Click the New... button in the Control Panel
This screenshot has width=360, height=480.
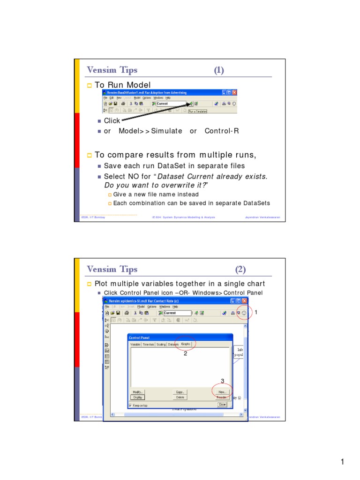tap(222, 391)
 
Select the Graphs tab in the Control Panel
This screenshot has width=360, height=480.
tap(186, 344)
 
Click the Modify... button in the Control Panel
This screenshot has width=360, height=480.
tap(137, 391)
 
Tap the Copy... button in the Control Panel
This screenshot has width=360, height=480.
tap(180, 391)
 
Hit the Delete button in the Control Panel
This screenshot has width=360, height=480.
tap(180, 397)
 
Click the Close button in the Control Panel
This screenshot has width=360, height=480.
tap(222, 404)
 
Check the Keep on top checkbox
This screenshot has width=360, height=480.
tap(130, 405)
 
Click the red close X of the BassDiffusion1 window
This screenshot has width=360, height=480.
tap(234, 92)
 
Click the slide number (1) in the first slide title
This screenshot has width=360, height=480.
tap(219, 70)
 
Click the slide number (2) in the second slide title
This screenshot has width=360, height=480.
tap(240, 270)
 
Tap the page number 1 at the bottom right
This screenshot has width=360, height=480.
tap(343, 463)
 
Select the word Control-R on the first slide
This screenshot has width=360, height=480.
tap(222, 131)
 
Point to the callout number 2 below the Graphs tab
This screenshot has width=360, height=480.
tap(186, 354)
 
